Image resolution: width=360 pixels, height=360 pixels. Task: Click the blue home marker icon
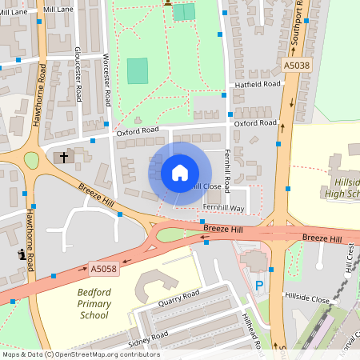[x=180, y=172]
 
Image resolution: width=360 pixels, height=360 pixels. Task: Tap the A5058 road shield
[x=104, y=270]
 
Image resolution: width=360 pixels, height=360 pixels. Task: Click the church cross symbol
[x=63, y=157]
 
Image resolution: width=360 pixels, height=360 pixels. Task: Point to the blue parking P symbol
[x=258, y=286]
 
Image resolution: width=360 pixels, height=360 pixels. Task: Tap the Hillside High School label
[x=344, y=182]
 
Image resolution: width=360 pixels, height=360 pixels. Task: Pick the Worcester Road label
[x=106, y=80]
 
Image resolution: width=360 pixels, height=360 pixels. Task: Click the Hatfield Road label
[x=257, y=83]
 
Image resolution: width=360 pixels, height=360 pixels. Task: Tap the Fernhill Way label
[x=223, y=208]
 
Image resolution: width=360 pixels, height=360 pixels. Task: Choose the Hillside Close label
[x=308, y=298]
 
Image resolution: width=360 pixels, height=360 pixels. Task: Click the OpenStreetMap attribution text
[x=80, y=354]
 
